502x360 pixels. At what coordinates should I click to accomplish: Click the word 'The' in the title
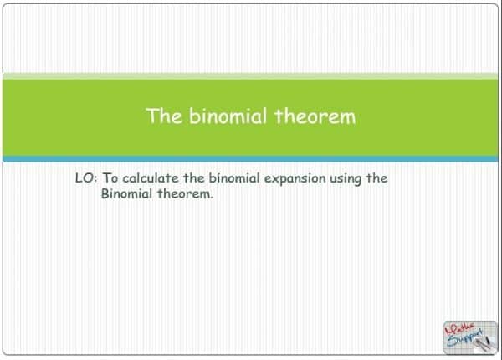162,116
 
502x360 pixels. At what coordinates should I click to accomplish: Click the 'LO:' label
86,178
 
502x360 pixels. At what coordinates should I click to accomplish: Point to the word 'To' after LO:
110,178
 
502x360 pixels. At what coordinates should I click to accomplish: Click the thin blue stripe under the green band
251,157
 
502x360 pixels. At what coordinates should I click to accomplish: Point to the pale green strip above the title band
251,76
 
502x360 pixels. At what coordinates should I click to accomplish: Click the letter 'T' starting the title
152,116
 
